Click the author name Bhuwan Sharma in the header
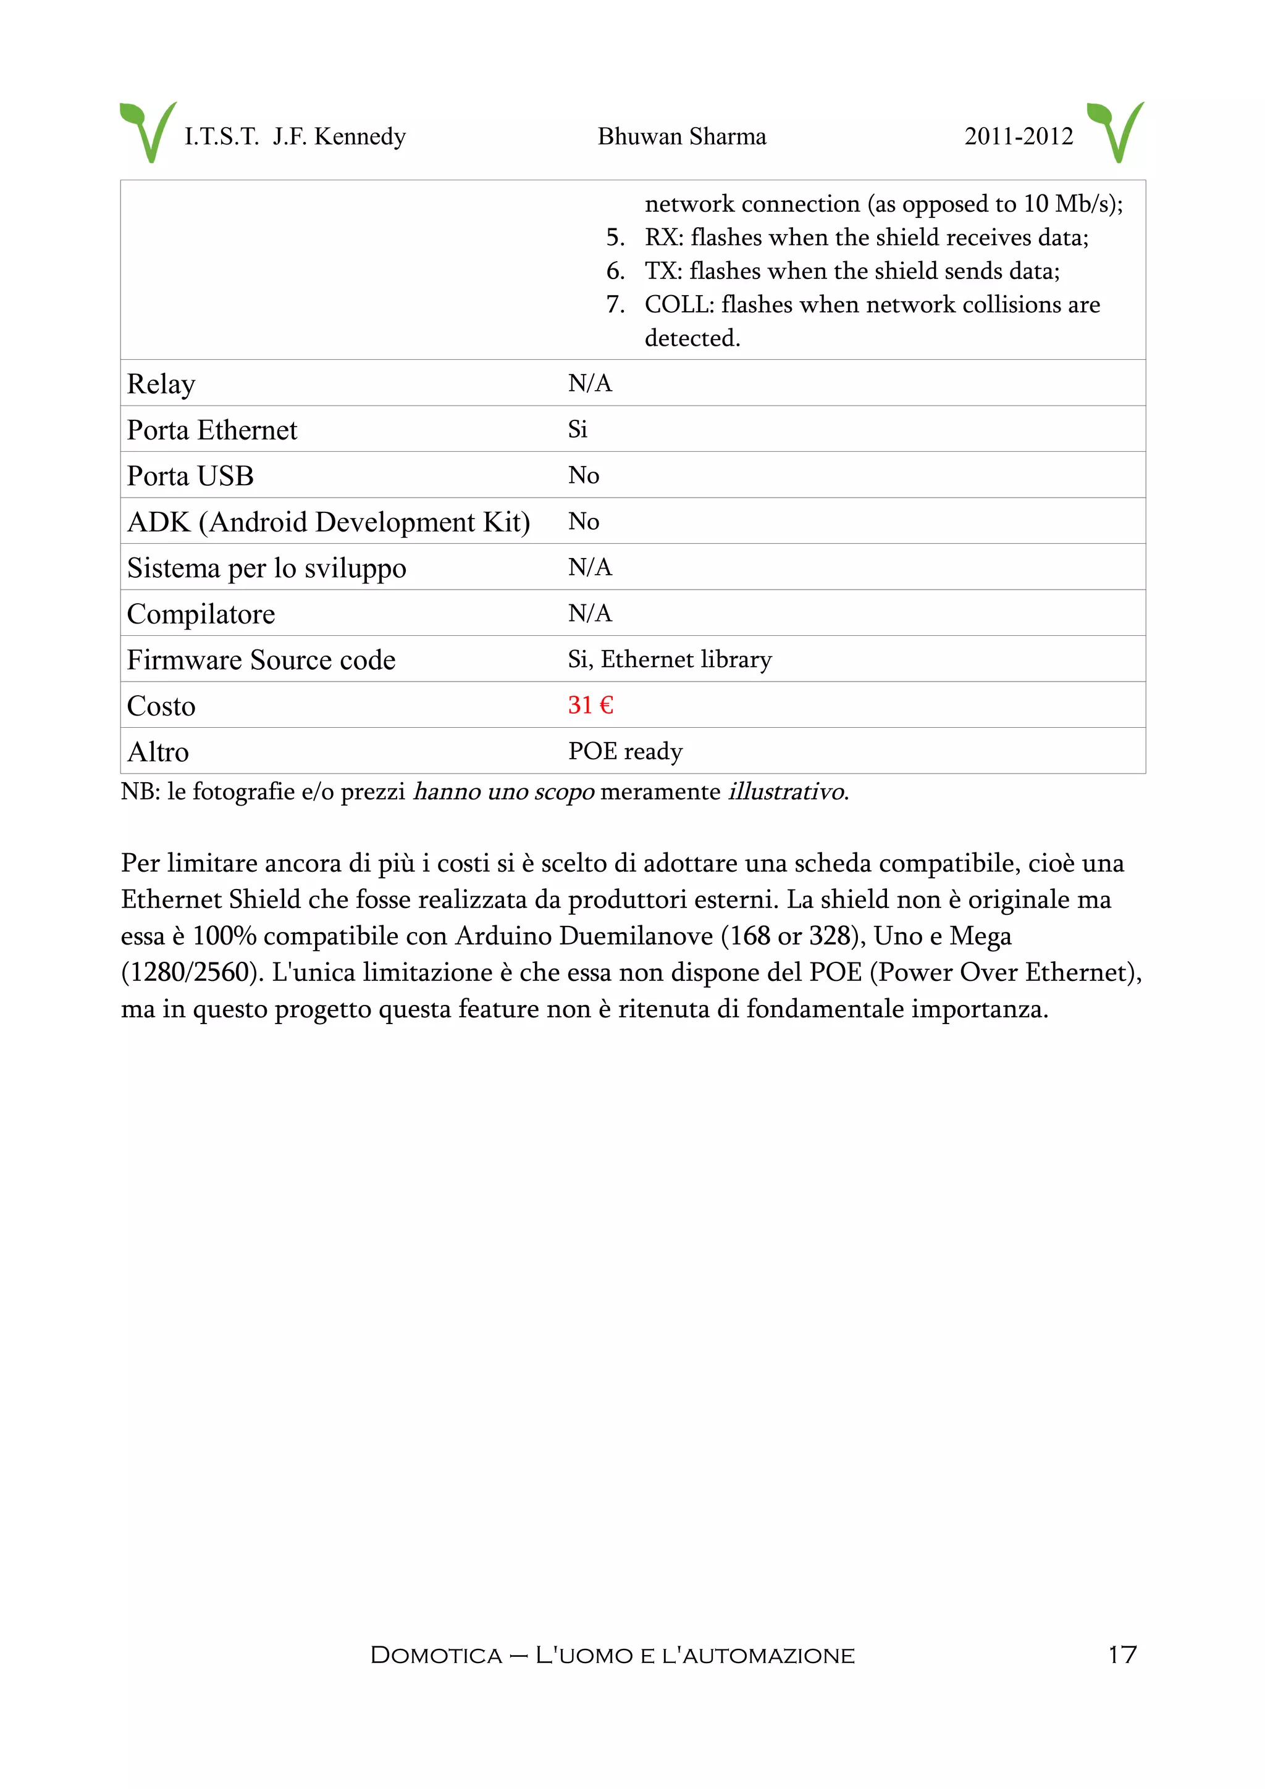coord(681,136)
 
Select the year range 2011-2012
coord(1018,136)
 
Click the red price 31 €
coord(590,704)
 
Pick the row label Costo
coord(161,706)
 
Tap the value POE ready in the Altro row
coord(625,751)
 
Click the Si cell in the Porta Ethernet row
coord(578,429)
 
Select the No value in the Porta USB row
coord(583,475)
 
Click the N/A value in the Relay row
coord(589,383)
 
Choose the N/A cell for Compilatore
coord(589,613)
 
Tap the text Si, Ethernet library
coord(669,659)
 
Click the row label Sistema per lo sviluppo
coord(267,568)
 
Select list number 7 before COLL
coord(615,305)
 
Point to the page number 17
coord(1122,1654)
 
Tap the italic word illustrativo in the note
coord(786,791)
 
